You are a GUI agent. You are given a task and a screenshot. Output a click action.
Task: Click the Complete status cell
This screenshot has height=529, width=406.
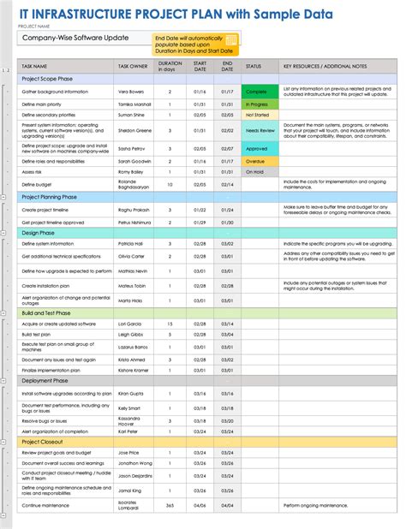pos(256,90)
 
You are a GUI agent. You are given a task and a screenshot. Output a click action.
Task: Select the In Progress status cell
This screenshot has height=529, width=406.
pos(256,103)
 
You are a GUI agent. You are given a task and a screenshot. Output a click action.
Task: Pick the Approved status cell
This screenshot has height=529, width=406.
pos(256,147)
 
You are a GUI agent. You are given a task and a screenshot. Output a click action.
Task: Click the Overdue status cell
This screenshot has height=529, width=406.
pos(256,160)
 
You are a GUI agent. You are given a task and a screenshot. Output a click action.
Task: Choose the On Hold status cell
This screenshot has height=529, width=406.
pos(256,172)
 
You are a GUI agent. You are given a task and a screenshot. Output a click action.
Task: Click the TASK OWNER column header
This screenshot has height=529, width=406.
pos(134,65)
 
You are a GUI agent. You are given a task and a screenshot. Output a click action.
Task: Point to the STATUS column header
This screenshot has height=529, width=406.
pos(254,65)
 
